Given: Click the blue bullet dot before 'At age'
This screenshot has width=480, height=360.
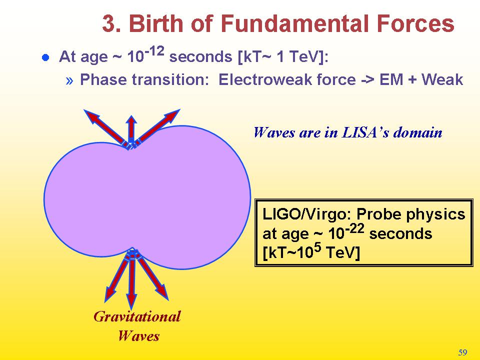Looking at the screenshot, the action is tap(45, 57).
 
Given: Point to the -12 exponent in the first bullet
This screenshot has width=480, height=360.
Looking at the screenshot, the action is tap(154, 51).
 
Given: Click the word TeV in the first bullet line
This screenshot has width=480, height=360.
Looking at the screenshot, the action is tap(303, 56).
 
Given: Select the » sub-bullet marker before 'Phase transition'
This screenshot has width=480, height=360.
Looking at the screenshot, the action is tap(69, 80).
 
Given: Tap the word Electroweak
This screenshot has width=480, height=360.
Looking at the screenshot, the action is tap(266, 80).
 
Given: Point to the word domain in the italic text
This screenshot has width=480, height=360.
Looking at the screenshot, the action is tap(418, 132).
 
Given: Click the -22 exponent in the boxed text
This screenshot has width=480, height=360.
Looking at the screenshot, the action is tap(354, 228).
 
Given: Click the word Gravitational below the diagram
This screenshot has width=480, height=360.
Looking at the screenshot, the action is tap(137, 316).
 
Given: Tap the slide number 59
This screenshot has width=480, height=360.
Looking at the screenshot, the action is tap(462, 352).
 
